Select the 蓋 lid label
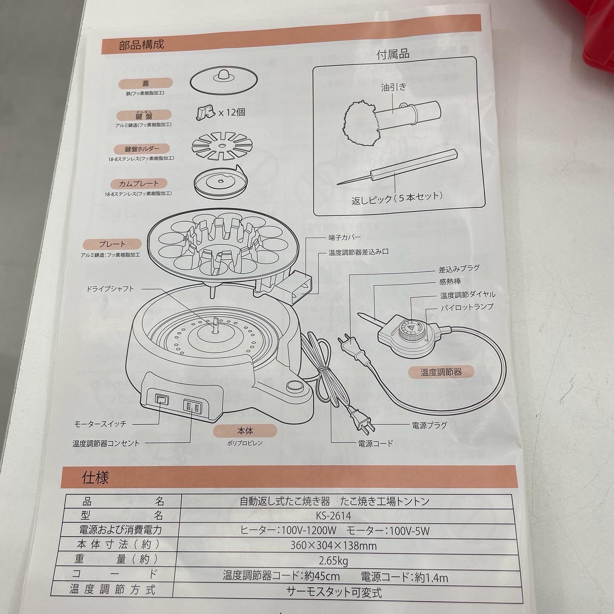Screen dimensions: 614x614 (x=145, y=84)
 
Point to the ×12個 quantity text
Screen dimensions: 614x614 (x=232, y=112)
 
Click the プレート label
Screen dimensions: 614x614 (x=112, y=244)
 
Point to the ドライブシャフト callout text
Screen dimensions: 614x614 (x=110, y=289)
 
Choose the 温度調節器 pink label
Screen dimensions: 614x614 (x=441, y=372)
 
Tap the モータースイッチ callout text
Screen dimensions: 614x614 (x=100, y=424)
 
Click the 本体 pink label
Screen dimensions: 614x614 (x=245, y=431)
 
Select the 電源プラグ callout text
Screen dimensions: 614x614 (x=429, y=425)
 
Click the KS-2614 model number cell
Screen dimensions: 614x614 (x=333, y=515)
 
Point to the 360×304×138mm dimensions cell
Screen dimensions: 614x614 (x=333, y=545)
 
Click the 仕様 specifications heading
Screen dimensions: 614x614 (x=96, y=478)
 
